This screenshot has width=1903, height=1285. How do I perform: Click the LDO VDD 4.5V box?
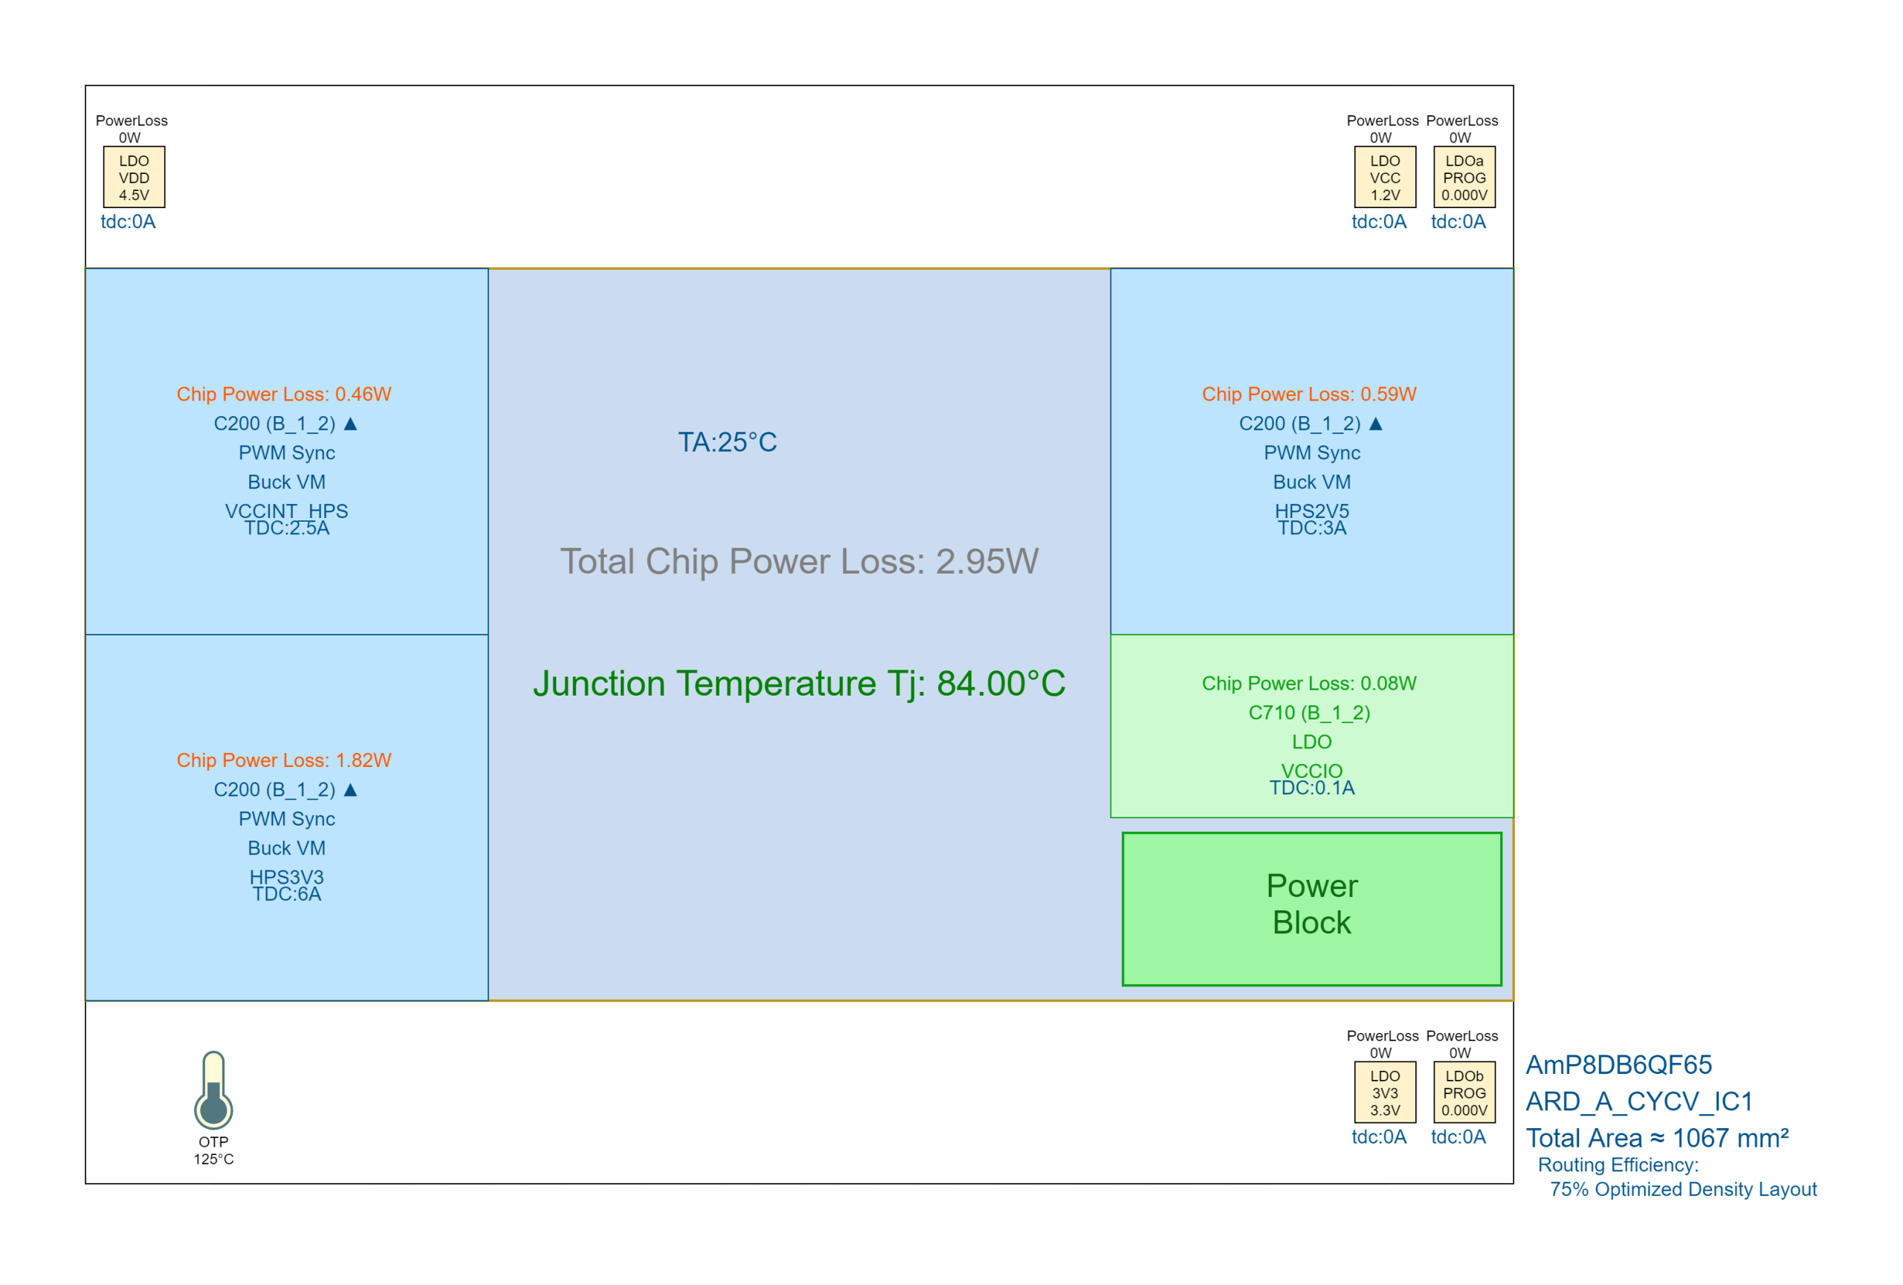click(135, 177)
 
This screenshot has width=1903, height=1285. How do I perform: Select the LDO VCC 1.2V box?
click(1385, 177)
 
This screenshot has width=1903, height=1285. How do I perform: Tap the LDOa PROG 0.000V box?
click(1464, 177)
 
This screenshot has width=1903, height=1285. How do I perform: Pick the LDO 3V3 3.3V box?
click(1385, 1092)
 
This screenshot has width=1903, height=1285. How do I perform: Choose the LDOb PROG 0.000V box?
click(1464, 1092)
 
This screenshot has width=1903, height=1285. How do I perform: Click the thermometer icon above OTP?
click(214, 1090)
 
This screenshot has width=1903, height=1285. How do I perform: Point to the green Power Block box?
click(1312, 910)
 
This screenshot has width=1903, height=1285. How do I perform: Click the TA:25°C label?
click(727, 442)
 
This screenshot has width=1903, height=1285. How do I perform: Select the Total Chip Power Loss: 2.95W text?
click(799, 561)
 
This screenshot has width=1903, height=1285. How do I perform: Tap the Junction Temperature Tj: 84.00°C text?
click(799, 684)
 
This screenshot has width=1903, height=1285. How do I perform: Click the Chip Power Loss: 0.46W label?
click(284, 395)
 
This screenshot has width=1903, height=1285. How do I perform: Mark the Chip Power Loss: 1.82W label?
click(284, 760)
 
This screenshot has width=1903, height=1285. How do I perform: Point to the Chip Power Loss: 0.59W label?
click(1309, 395)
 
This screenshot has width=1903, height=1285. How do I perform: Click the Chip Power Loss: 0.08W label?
click(1309, 684)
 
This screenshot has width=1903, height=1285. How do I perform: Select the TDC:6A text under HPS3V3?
click(287, 894)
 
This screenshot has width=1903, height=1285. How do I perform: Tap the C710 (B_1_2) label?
click(1309, 713)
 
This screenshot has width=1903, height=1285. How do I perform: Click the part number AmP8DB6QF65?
click(1619, 1065)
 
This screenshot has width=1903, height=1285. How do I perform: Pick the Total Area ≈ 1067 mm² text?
click(1658, 1138)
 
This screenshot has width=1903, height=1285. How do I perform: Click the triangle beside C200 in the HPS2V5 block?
click(1376, 423)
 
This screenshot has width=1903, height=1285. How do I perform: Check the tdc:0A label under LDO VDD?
click(128, 221)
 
